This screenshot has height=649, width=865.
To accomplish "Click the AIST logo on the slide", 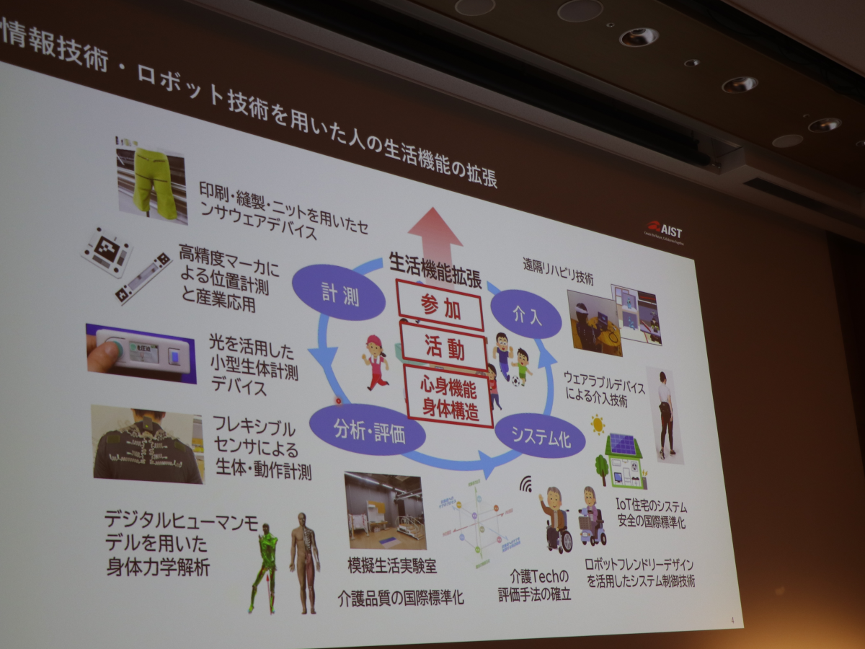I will coord(664,231).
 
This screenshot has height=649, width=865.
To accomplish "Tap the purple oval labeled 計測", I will coord(339,291).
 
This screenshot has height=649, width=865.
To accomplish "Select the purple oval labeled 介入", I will coord(525,314).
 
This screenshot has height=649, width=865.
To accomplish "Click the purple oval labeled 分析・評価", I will coord(368,429).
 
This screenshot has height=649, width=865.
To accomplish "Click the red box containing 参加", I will coord(440,306).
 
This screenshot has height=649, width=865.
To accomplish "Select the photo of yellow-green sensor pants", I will coord(152,181).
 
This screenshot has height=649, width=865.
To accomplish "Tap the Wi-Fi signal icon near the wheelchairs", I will coord(525,482).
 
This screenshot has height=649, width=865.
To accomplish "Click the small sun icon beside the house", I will coord(598,424).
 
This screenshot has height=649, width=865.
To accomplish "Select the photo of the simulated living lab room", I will coord(384,511).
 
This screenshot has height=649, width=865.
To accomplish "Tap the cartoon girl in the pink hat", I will coord(375,360).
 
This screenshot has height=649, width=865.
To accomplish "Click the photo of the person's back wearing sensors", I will coord(147,444).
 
